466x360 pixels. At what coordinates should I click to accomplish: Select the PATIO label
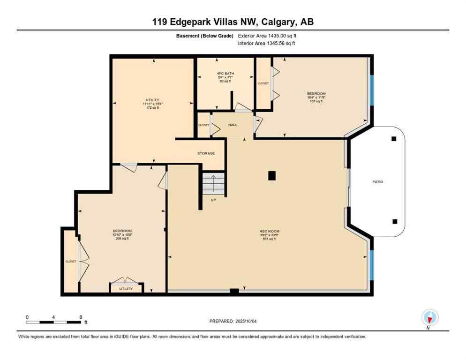click(x=377, y=182)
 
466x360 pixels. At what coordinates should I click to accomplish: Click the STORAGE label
click(x=206, y=153)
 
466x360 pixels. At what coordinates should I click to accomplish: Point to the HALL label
click(x=233, y=125)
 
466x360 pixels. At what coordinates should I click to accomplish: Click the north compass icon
click(x=429, y=317)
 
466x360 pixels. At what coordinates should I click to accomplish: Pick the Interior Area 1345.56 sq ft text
click(x=266, y=44)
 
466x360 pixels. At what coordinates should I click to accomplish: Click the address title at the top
click(x=233, y=22)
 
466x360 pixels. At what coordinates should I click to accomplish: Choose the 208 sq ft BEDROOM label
click(x=122, y=234)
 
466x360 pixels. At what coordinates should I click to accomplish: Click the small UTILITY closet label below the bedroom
click(x=126, y=289)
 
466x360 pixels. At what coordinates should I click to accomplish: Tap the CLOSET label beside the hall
click(x=203, y=125)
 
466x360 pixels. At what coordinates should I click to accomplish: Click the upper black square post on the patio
click(x=394, y=139)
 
